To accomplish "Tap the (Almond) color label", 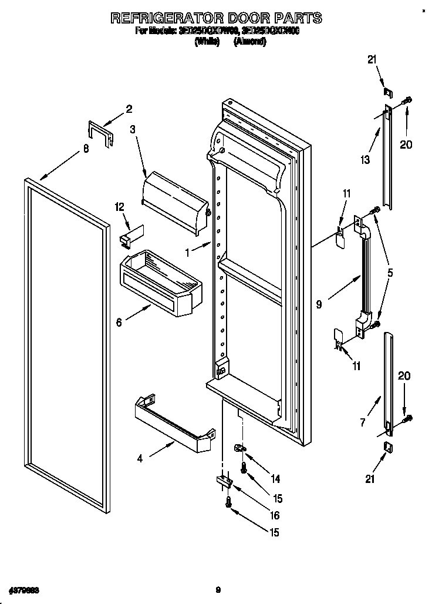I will coord(249,42).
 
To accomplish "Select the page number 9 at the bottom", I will coord(217,589).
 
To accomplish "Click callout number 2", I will coord(129,109).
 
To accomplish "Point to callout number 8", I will coord(86,149).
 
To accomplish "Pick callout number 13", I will coord(366,159).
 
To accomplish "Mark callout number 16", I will coord(275,516).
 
